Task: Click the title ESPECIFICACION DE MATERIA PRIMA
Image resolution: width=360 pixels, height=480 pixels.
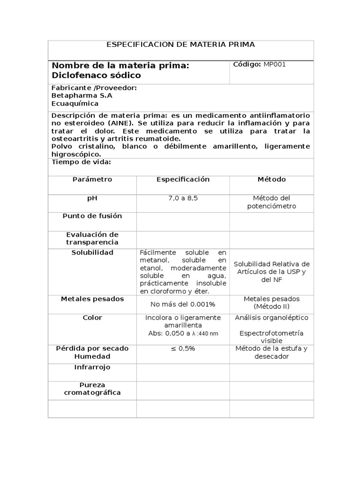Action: pyautogui.click(x=181, y=45)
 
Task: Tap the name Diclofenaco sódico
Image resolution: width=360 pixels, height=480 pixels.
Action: pyautogui.click(x=96, y=75)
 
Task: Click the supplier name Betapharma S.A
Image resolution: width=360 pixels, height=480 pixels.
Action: pyautogui.click(x=82, y=96)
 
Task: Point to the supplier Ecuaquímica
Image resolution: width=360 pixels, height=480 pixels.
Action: pyautogui.click(x=75, y=104)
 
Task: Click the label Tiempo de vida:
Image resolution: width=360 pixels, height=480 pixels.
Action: pyautogui.click(x=81, y=162)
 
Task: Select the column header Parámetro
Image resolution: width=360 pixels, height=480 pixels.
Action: pyautogui.click(x=92, y=180)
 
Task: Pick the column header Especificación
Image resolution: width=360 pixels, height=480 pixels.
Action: pyautogui.click(x=183, y=180)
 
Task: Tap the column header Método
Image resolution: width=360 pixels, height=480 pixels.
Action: pyautogui.click(x=271, y=180)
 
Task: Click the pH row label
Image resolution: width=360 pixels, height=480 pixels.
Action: pyautogui.click(x=92, y=198)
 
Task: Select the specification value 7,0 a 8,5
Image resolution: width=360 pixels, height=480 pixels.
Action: pyautogui.click(x=183, y=198)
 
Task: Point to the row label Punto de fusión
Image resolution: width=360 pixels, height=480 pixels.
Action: pyautogui.click(x=92, y=216)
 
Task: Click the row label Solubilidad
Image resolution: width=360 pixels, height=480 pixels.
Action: pyautogui.click(x=92, y=253)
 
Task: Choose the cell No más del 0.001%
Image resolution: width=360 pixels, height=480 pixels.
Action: pyautogui.click(x=183, y=305)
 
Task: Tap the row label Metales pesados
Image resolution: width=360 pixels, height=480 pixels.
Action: pyautogui.click(x=92, y=299)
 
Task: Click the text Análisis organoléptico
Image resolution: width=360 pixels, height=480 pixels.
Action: pyautogui.click(x=271, y=318)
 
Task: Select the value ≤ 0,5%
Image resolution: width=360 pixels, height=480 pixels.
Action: pyautogui.click(x=183, y=349)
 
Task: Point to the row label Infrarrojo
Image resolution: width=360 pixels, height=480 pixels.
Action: pyautogui.click(x=92, y=367)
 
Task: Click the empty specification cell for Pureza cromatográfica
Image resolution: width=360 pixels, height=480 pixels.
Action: pyautogui.click(x=183, y=390)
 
